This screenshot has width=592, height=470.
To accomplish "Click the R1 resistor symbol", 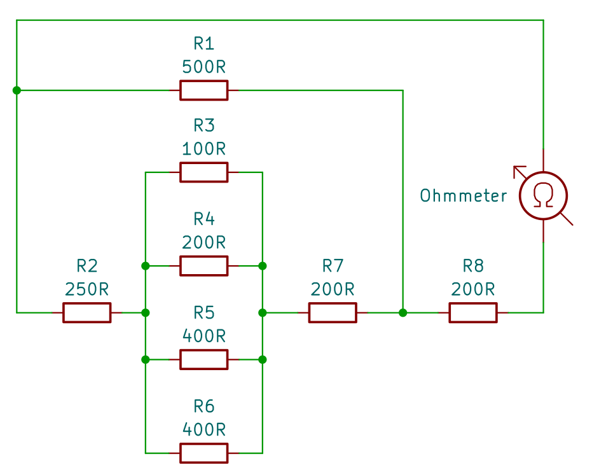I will point(203,90).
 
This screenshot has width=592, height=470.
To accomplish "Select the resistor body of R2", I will point(86,312).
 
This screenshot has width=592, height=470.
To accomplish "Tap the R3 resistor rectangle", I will point(203,172).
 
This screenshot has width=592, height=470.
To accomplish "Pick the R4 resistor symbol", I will point(203,265).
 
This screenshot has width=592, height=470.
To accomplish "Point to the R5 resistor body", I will point(203,359).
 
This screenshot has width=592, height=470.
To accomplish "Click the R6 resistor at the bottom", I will point(203,453).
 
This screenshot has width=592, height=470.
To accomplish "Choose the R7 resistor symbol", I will point(333,312).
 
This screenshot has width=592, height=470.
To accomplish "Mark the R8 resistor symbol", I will point(473,312).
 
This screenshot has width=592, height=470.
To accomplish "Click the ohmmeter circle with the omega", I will point(543,195).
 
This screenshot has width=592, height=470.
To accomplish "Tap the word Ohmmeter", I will point(464,195).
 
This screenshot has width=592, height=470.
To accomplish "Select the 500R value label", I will point(203,67).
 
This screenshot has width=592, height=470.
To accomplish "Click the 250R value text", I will point(86,289).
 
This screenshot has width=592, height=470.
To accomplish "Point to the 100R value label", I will point(203,149).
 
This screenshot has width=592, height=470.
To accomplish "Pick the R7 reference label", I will point(333,265).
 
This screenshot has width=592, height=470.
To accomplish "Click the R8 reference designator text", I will point(473,265).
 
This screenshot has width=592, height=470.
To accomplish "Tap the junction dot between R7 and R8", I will point(403,312).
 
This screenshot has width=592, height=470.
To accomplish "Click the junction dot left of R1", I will point(17,90).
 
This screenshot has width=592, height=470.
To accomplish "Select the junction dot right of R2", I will point(146,312).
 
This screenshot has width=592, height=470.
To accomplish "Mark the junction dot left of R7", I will point(263,312).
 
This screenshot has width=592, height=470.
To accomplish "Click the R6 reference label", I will point(203,406).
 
